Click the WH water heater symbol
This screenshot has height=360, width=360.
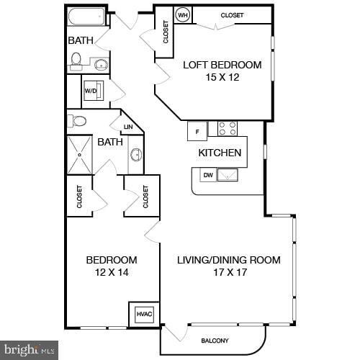click(x=183, y=15)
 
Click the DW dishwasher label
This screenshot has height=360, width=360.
click(x=208, y=174)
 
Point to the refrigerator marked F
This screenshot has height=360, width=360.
click(x=197, y=130)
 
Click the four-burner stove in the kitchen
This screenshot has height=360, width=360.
click(x=228, y=129)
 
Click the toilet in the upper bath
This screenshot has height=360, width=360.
click(x=76, y=63)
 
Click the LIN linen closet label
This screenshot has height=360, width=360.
click(x=128, y=127)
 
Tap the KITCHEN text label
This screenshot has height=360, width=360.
click(x=220, y=153)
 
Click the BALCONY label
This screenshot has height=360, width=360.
click(x=214, y=341)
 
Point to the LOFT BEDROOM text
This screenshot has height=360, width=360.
click(x=222, y=65)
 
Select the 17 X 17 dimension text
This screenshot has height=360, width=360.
click(x=229, y=273)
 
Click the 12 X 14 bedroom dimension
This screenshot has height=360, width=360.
click(x=112, y=273)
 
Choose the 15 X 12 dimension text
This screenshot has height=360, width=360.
click(x=222, y=78)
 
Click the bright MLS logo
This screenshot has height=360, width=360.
click(x=29, y=350)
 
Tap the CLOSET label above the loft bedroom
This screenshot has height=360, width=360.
click(x=232, y=15)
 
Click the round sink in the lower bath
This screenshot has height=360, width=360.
click(x=135, y=154)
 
